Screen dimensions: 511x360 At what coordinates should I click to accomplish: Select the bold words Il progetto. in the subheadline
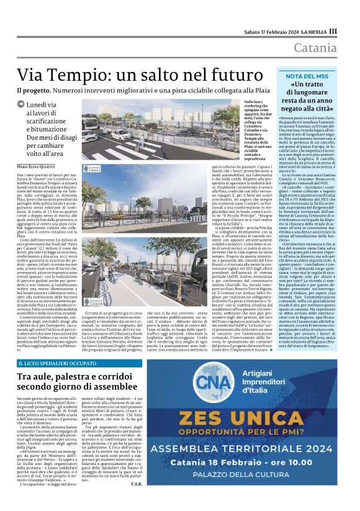34,91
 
